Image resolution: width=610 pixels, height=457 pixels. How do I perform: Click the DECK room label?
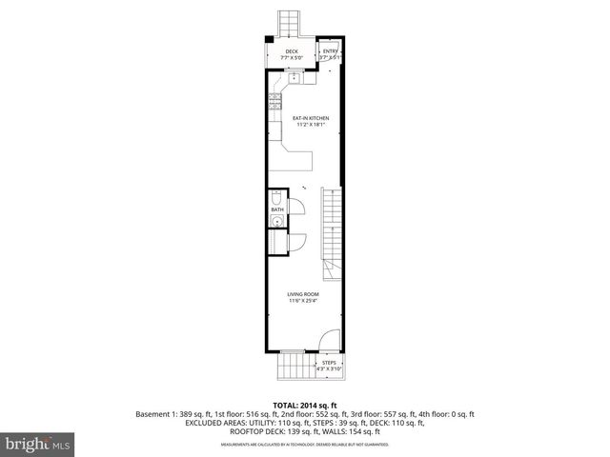(292, 51)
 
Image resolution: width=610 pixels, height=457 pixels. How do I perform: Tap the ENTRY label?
(330, 51)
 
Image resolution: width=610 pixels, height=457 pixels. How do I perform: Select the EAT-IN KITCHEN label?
(311, 118)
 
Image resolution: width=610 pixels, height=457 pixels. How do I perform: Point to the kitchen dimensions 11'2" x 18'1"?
(311, 125)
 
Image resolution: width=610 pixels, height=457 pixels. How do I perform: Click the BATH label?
(276, 209)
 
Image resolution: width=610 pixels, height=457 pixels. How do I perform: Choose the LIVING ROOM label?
(303, 294)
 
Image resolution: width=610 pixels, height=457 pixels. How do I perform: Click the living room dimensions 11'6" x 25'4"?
(303, 301)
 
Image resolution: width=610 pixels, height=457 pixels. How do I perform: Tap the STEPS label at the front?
(328, 362)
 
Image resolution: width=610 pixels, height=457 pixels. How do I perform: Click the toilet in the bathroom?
(276, 198)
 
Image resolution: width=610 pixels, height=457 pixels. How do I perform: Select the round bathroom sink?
(275, 223)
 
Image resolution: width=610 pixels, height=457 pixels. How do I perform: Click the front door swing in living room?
(327, 340)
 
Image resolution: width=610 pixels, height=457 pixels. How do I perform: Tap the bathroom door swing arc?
(297, 207)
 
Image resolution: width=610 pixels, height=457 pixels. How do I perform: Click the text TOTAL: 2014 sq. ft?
(306, 406)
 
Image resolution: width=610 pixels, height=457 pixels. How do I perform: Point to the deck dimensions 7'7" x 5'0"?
(292, 58)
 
